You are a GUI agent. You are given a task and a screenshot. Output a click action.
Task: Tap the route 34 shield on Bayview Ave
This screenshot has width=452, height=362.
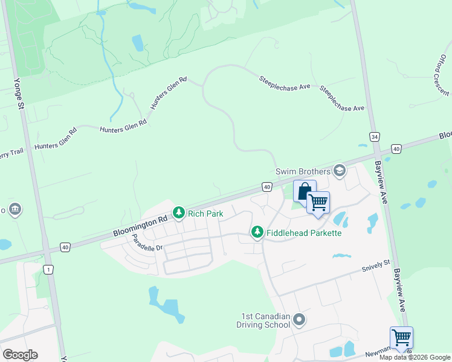click(375, 138)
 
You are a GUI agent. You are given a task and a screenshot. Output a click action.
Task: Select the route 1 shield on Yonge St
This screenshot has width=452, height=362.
click(48, 270)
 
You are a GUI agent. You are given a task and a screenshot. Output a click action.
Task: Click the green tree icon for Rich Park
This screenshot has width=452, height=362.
click(178, 213)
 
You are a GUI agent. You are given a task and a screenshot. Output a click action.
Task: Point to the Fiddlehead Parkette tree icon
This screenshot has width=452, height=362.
click(257, 232)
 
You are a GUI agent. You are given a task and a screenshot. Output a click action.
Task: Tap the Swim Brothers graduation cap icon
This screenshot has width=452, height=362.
click(340, 171)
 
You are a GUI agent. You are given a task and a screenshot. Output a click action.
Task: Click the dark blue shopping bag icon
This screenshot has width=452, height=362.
click(305, 191)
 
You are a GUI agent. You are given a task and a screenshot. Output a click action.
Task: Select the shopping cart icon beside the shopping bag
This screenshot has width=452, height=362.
click(318, 202)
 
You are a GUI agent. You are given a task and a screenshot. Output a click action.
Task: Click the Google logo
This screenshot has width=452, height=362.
click(20, 354)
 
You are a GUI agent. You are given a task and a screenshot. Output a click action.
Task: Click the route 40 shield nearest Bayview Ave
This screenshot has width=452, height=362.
click(396, 148)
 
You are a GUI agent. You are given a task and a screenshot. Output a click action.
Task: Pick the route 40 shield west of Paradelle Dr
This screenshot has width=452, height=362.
click(65, 247)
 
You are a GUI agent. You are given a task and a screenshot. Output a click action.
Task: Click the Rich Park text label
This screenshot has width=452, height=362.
click(205, 214)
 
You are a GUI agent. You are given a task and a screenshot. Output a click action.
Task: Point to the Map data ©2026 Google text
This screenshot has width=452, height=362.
click(415, 357)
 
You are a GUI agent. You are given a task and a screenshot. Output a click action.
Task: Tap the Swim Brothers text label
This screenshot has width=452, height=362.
click(303, 171)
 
